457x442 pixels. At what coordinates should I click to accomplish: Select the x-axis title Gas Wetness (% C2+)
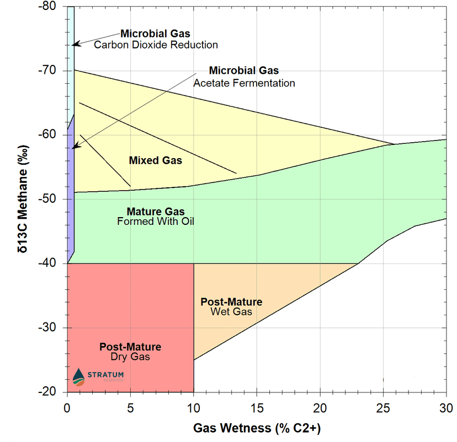(257, 428)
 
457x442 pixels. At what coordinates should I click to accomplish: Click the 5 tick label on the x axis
(130, 408)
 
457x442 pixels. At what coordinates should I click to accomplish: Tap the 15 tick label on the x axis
(257, 408)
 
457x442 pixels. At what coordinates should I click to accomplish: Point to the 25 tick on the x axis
(383, 408)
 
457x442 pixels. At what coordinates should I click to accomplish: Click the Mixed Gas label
(155, 160)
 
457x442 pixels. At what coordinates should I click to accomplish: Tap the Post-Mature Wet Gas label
(231, 307)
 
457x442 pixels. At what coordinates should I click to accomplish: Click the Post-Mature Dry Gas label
(130, 352)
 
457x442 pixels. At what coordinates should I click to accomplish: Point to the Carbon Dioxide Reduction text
(156, 45)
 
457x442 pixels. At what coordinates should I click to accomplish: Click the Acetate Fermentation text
(244, 83)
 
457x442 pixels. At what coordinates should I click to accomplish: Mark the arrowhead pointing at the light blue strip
(76, 44)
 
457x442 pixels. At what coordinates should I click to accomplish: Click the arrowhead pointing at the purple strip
(75, 147)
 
